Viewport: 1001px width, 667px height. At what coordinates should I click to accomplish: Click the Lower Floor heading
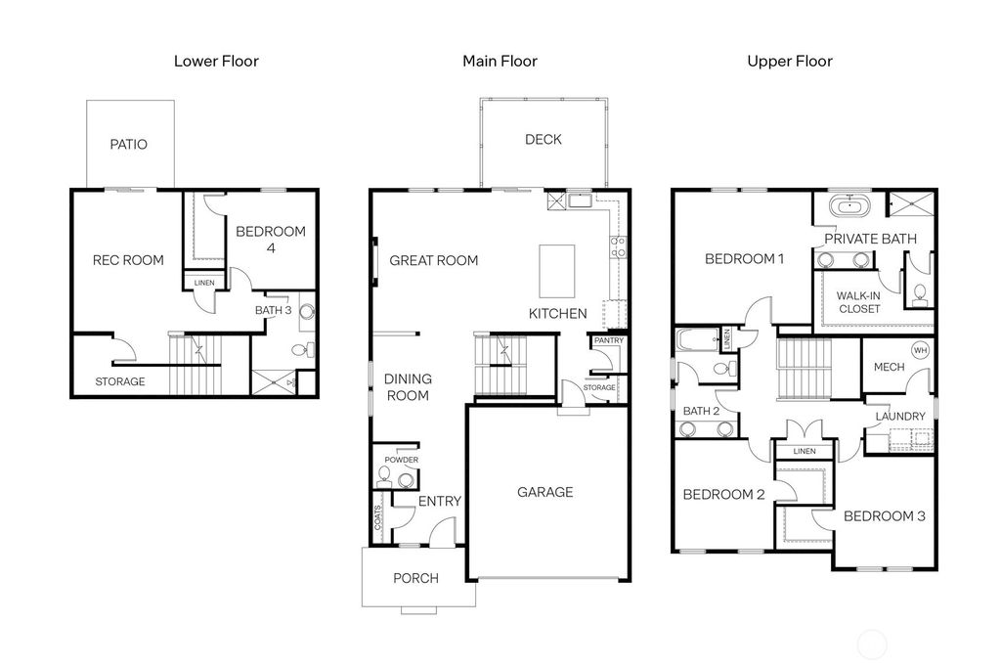(x=216, y=62)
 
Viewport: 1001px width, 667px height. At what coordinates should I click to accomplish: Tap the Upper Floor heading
(x=790, y=62)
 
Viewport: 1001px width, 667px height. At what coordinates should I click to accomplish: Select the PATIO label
(x=128, y=145)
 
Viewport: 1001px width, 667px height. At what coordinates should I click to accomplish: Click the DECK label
(x=543, y=140)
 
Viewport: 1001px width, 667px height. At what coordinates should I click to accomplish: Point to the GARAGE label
(x=545, y=492)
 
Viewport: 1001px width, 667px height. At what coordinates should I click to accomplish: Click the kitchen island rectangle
(x=557, y=271)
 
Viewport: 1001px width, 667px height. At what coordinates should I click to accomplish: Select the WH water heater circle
(x=920, y=350)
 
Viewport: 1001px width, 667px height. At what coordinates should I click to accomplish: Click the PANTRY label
(x=607, y=341)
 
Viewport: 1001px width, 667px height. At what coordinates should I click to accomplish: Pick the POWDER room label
(x=401, y=460)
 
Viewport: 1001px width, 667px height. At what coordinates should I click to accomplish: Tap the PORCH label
(x=415, y=578)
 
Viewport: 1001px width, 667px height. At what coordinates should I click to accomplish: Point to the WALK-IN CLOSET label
(x=859, y=302)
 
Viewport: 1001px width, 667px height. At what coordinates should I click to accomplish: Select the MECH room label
(x=889, y=368)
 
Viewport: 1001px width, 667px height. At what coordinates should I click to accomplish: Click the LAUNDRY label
(x=899, y=417)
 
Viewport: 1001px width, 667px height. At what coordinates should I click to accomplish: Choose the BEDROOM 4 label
(x=271, y=240)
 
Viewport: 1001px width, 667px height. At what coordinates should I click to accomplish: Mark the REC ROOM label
(x=128, y=260)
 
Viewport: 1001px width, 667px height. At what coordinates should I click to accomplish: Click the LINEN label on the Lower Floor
(x=204, y=284)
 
